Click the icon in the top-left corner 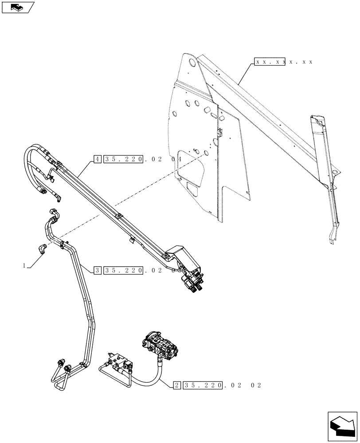pos(18,7)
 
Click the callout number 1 pos(24,265)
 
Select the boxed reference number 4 pos(97,158)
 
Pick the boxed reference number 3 pos(97,270)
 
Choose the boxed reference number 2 pos(177,385)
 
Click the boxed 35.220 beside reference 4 pos(124,158)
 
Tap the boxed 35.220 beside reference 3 pos(124,270)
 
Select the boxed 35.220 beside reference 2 pos(203,385)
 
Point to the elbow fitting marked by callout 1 pos(42,249)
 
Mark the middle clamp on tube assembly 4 pos(118,216)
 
